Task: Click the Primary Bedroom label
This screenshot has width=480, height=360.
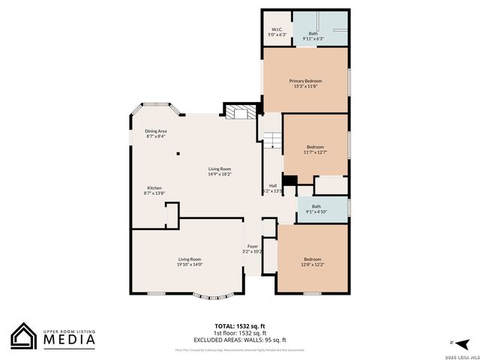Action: tap(305, 83)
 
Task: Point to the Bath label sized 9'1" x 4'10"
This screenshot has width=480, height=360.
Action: tap(316, 209)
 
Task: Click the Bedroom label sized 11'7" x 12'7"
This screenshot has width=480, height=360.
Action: tap(315, 149)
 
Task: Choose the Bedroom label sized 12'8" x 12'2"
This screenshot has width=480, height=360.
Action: tap(313, 262)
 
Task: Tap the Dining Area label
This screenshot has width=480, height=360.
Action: tap(156, 133)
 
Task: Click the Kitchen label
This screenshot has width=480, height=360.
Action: tap(154, 190)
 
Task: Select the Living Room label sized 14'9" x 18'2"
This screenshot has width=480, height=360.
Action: tap(219, 172)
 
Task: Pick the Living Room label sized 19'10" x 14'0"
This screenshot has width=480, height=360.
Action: tap(190, 262)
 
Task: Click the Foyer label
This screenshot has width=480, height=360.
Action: tap(253, 249)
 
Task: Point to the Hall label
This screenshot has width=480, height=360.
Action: tap(274, 188)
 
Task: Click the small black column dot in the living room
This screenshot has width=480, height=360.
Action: tap(178, 154)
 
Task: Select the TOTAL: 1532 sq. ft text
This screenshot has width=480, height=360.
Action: tap(240, 326)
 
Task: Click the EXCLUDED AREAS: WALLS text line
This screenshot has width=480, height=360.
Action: tap(240, 340)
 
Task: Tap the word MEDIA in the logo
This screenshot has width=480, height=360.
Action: tap(73, 339)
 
